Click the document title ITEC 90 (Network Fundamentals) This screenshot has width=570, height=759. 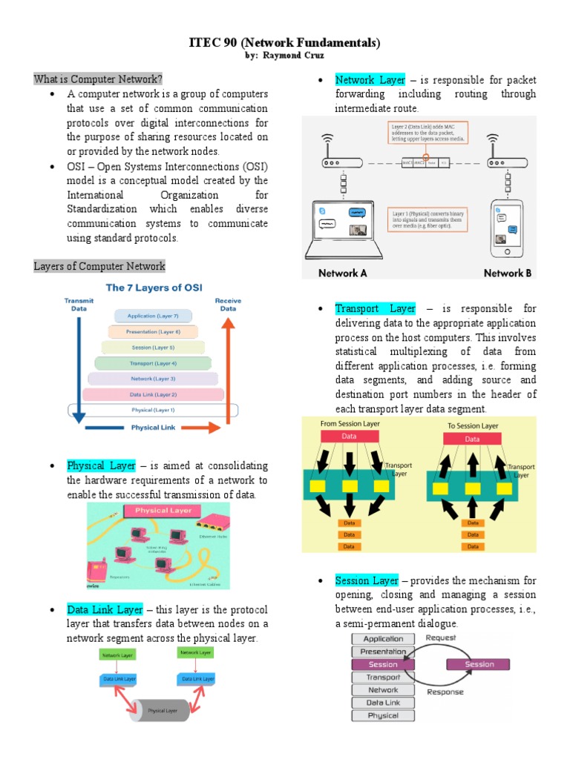(285, 43)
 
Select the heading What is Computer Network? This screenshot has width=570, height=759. (98, 79)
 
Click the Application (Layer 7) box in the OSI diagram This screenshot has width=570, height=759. (153, 316)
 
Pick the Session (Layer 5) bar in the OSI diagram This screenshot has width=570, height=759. (153, 347)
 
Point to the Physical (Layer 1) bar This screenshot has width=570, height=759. (153, 409)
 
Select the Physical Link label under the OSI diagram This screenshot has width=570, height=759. (154, 428)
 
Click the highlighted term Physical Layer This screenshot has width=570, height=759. (101, 465)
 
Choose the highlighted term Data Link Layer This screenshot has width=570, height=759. (105, 609)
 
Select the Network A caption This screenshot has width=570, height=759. (343, 273)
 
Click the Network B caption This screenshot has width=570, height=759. (508, 273)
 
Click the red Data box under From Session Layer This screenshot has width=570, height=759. (348, 437)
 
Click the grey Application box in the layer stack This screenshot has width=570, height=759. (383, 638)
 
